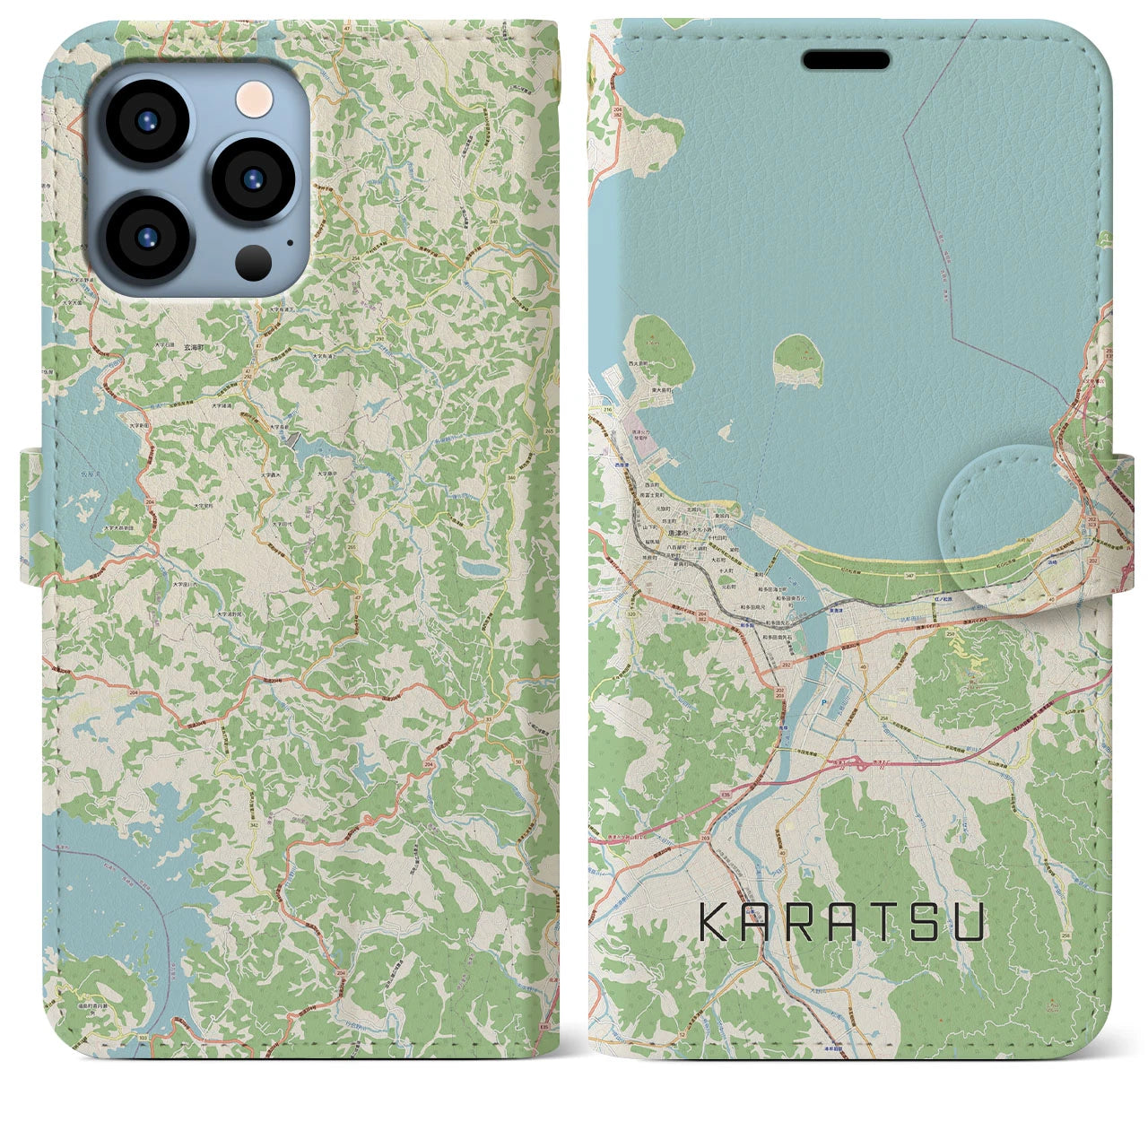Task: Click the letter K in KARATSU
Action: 714,922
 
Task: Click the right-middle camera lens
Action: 254,178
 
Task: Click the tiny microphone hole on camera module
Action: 289,241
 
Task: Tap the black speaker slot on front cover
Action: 846,60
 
